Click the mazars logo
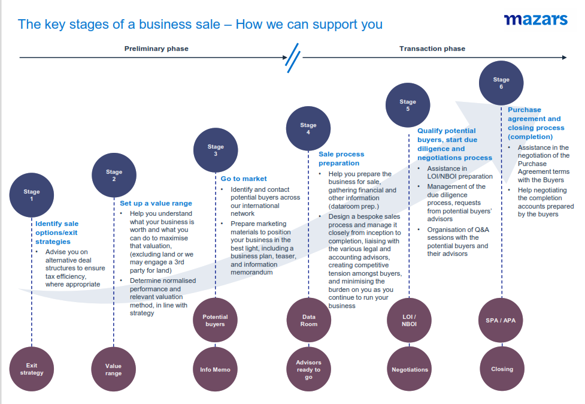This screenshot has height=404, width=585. coord(535,20)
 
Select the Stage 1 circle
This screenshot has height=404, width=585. coord(32,195)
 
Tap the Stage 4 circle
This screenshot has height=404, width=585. coord(308,128)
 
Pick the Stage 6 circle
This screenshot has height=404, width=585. coord(501,83)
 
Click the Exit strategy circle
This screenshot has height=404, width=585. coord(32,369)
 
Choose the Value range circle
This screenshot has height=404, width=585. coord(113,369)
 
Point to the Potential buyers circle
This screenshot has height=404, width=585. coord(215,320)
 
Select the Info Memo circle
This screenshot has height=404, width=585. coord(215,369)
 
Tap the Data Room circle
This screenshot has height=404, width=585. coord(308,320)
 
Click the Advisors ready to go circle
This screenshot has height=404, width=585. coord(308,369)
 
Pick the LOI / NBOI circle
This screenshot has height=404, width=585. coord(410,320)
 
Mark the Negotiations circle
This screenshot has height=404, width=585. coord(410,369)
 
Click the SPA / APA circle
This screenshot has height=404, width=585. coord(501,320)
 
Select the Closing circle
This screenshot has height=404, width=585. coord(501,369)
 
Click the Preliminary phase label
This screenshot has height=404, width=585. coord(156,49)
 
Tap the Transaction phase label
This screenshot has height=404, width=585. coord(432,49)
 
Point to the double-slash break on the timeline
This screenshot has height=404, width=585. coord(293,58)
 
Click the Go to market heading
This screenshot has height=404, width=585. coord(244,179)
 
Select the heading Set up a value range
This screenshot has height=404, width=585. coord(156,203)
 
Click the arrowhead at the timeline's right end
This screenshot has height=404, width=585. coord(563,58)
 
